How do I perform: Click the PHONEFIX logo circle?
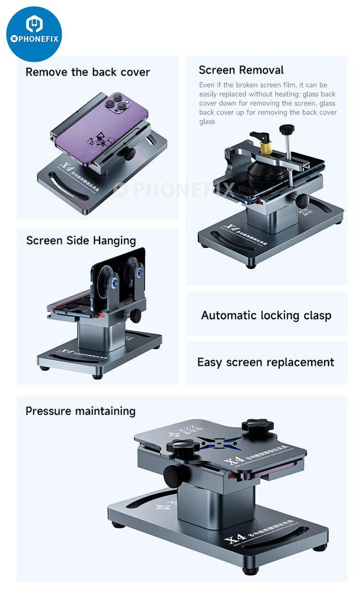(x=34, y=34)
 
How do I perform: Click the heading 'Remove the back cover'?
(x=87, y=72)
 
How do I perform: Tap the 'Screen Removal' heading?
(x=241, y=70)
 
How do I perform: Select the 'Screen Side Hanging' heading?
(x=81, y=240)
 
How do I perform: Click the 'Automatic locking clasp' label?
(x=266, y=315)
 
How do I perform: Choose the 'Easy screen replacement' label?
(x=265, y=362)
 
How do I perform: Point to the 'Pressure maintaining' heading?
(x=80, y=411)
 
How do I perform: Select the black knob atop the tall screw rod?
(x=286, y=129)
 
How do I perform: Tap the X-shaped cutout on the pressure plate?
(x=212, y=443)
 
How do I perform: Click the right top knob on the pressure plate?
(x=257, y=427)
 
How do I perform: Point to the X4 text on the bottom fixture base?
(x=234, y=541)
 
